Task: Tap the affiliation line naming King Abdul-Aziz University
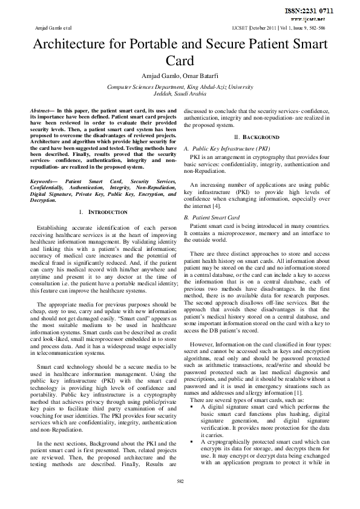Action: pyautogui.click(x=180, y=88)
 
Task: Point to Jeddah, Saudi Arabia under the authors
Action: pyautogui.click(x=180, y=95)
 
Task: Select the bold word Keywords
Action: pyautogui.click(x=43, y=181)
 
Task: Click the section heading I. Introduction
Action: pyautogui.click(x=103, y=213)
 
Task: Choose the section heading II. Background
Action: pyautogui.click(x=257, y=137)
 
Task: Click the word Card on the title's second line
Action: pyautogui.click(x=180, y=62)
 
